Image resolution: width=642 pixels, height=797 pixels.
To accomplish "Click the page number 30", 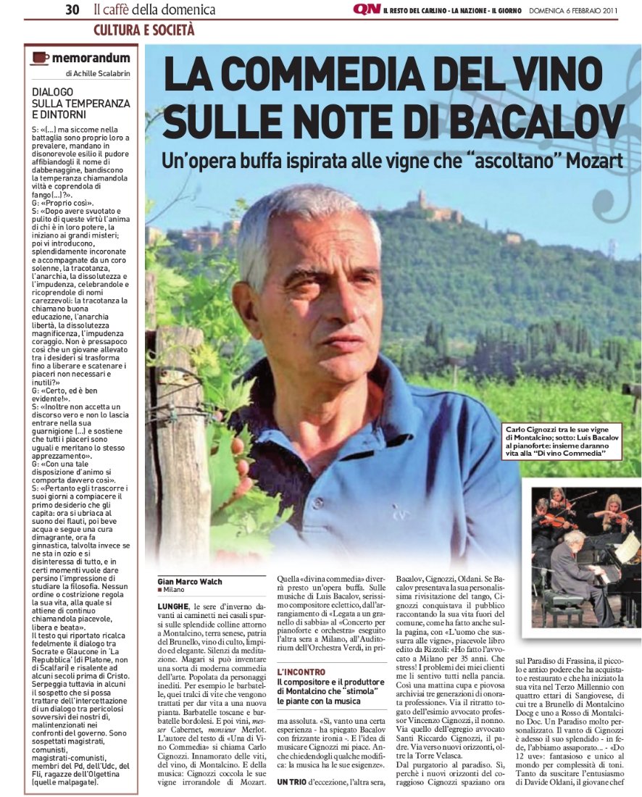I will click(x=72, y=9).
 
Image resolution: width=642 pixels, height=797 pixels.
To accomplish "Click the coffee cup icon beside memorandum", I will click(x=40, y=58).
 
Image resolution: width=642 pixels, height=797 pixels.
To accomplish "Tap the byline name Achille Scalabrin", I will click(x=101, y=73).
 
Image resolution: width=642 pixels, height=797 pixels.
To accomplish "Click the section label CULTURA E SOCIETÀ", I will click(x=143, y=30).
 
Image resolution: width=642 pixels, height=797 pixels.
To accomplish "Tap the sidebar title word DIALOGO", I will click(x=53, y=92).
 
